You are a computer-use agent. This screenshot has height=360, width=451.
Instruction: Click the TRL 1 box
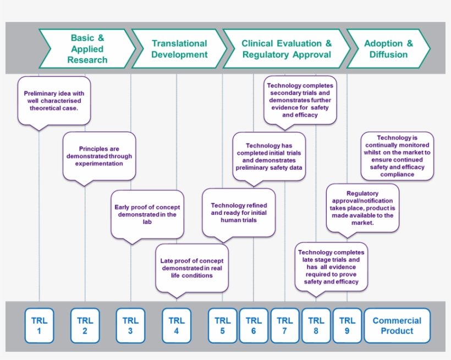[39, 325]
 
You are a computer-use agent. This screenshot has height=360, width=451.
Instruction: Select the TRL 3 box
[130, 325]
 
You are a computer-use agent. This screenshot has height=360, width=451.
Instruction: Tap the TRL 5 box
[223, 325]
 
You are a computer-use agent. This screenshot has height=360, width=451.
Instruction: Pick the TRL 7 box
[285, 325]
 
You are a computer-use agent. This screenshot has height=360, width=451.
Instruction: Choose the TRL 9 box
[346, 325]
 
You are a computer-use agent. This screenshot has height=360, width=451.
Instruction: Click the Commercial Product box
[397, 325]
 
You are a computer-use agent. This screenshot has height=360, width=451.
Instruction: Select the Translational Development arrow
[179, 49]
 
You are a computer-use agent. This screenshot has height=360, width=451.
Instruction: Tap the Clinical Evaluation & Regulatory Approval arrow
[287, 49]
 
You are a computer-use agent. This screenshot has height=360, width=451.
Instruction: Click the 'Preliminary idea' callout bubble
[54, 101]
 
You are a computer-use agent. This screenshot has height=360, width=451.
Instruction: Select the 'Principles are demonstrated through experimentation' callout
[99, 156]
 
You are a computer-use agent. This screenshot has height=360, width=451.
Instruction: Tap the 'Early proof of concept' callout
[147, 214]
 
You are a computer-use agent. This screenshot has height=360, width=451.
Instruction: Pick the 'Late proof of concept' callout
[191, 268]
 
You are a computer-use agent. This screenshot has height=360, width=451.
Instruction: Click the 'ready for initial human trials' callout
[239, 213]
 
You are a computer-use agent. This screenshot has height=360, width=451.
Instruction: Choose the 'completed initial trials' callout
[269, 157]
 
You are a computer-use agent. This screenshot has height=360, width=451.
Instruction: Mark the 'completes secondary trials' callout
[300, 100]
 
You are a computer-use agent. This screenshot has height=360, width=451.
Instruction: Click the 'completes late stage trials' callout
[331, 267]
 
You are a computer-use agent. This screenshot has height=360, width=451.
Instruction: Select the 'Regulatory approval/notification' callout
[362, 208]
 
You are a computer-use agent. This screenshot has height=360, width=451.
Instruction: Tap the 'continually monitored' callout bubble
[397, 156]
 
